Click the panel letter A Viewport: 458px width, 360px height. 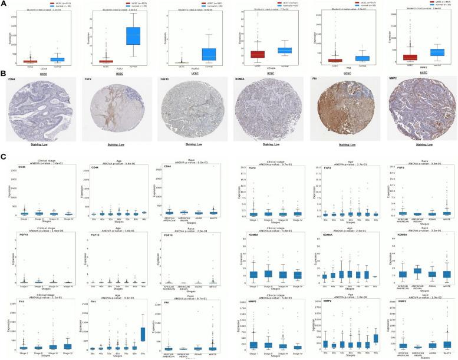tap(4, 4)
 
